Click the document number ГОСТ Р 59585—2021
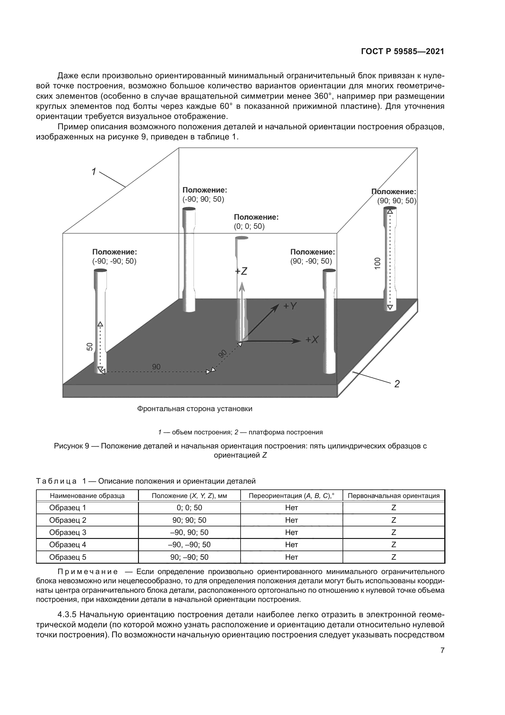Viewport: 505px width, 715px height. point(402,51)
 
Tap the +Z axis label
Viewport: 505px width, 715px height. point(241,271)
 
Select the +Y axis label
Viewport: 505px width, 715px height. point(290,306)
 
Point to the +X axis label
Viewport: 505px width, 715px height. point(312,340)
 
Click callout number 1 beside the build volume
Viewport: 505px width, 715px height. point(94,171)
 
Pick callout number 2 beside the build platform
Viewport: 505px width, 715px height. point(397,384)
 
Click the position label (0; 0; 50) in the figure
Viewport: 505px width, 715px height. point(249,227)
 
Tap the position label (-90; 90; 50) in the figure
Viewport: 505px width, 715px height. point(203,199)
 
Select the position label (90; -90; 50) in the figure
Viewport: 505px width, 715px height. point(311,261)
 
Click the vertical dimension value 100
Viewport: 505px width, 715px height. point(377,264)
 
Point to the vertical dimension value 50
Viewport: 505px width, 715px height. point(89,347)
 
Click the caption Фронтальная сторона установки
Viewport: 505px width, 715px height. point(195,409)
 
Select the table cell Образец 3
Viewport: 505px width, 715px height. point(67,533)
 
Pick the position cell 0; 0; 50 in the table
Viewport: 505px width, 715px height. point(189,508)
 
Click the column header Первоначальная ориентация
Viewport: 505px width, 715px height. point(394,496)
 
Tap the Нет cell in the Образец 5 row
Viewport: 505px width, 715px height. point(291,557)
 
